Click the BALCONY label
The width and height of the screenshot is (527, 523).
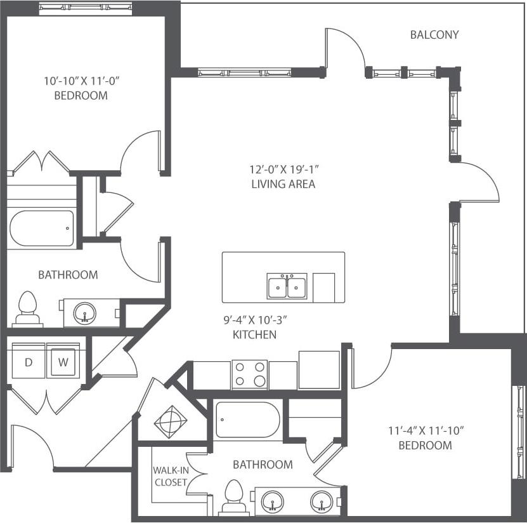(434, 34)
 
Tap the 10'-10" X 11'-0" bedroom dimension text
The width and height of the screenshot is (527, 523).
(82, 81)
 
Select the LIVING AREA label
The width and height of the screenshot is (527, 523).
(283, 184)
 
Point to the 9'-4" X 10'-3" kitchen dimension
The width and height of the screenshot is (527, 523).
(254, 321)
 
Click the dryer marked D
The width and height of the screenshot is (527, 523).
(29, 362)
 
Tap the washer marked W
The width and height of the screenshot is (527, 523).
(63, 362)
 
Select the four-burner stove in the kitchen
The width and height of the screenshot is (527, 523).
(250, 374)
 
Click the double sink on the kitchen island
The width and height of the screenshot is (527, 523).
(287, 286)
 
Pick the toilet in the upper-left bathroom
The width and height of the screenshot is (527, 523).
(27, 308)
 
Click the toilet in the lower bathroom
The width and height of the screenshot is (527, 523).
(234, 497)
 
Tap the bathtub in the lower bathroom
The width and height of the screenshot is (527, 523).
(247, 420)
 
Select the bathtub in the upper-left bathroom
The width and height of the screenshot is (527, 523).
(42, 228)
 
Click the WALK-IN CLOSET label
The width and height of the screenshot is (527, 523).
(169, 476)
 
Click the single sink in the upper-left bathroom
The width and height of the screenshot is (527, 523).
(84, 312)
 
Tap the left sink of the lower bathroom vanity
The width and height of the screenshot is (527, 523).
(273, 501)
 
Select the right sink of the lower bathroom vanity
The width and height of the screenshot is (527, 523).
(321, 501)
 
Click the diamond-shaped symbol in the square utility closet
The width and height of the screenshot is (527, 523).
(171, 420)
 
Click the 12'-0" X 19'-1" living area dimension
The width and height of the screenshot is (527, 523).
(283, 170)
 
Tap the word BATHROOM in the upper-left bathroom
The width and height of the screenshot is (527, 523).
(68, 275)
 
